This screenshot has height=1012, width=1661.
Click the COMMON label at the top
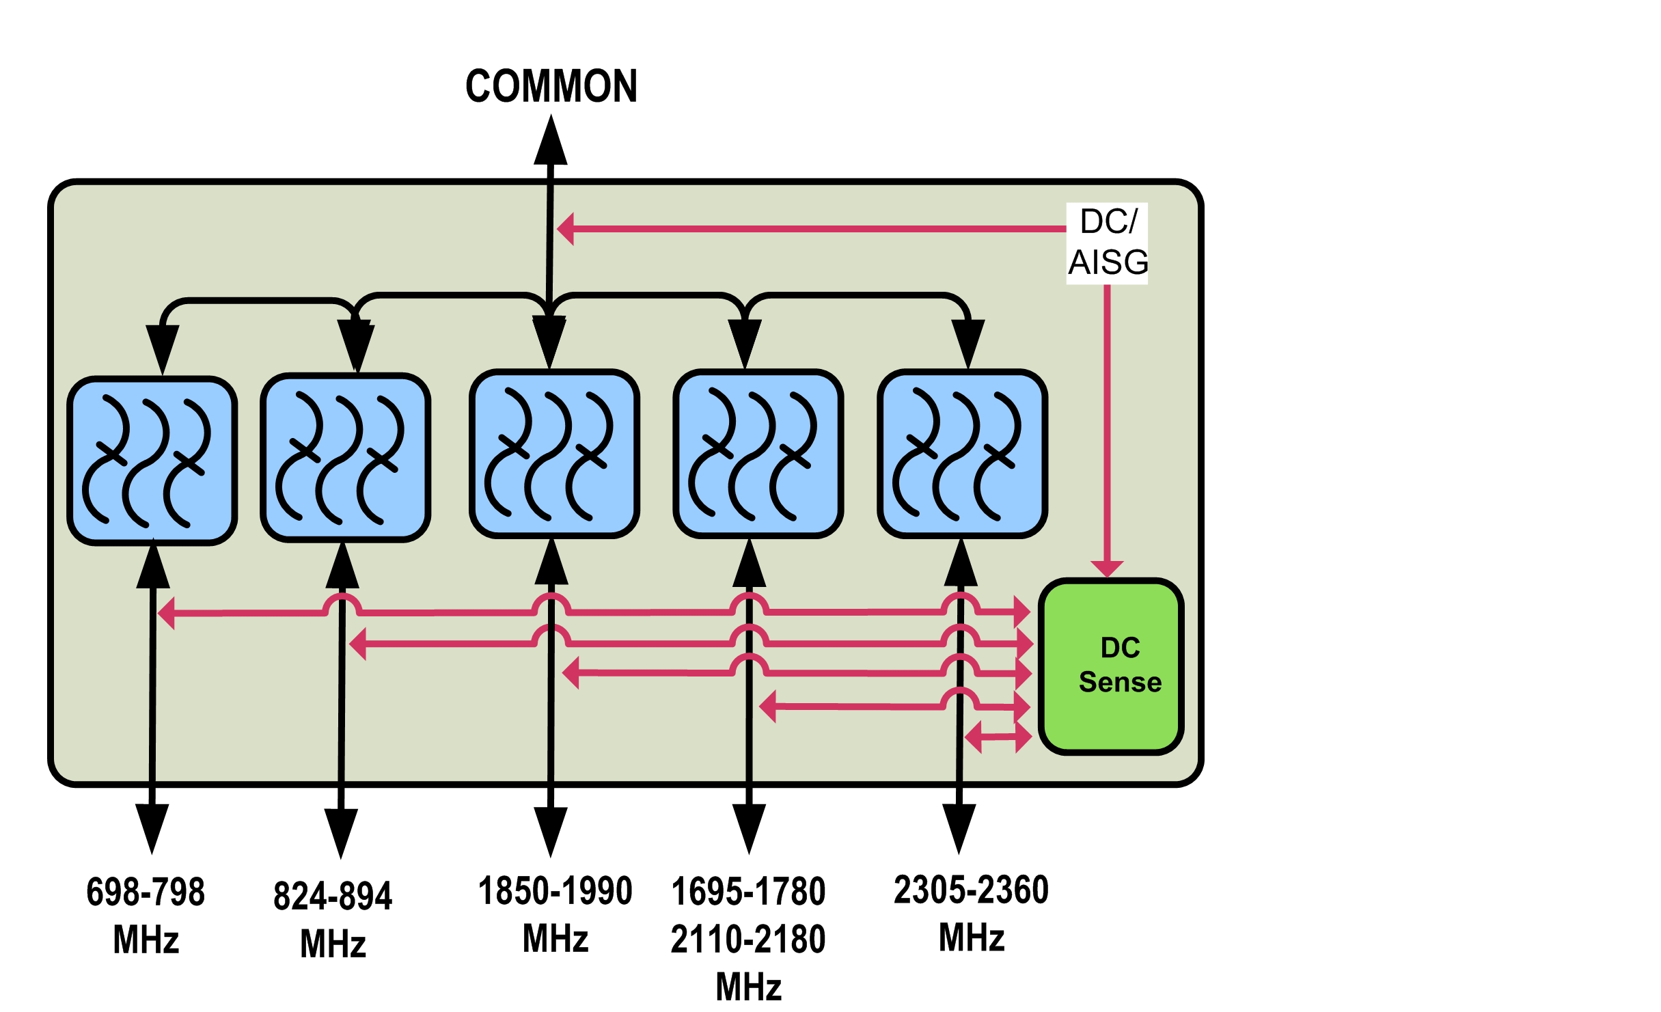pos(551,87)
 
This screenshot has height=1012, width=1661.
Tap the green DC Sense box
pos(1111,666)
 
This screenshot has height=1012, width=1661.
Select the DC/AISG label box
pos(1108,243)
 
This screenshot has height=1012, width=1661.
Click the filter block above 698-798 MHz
pos(152,461)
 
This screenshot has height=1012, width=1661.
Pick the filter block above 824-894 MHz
pos(346,458)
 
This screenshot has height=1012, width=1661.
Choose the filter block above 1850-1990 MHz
pos(554,454)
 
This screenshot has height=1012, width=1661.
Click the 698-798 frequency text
pos(146,892)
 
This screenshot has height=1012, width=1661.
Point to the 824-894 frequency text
pos(333,896)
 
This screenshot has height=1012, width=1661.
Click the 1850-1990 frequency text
pos(555,891)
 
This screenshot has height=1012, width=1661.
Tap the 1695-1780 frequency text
pos(748,892)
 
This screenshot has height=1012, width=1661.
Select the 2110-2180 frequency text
pos(748,939)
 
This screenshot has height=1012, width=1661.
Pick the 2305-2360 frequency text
pos(971,890)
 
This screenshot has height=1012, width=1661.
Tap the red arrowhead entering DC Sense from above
pos(1107,569)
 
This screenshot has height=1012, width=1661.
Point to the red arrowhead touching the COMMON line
pos(566,228)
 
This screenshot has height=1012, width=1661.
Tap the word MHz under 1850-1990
pos(555,938)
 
